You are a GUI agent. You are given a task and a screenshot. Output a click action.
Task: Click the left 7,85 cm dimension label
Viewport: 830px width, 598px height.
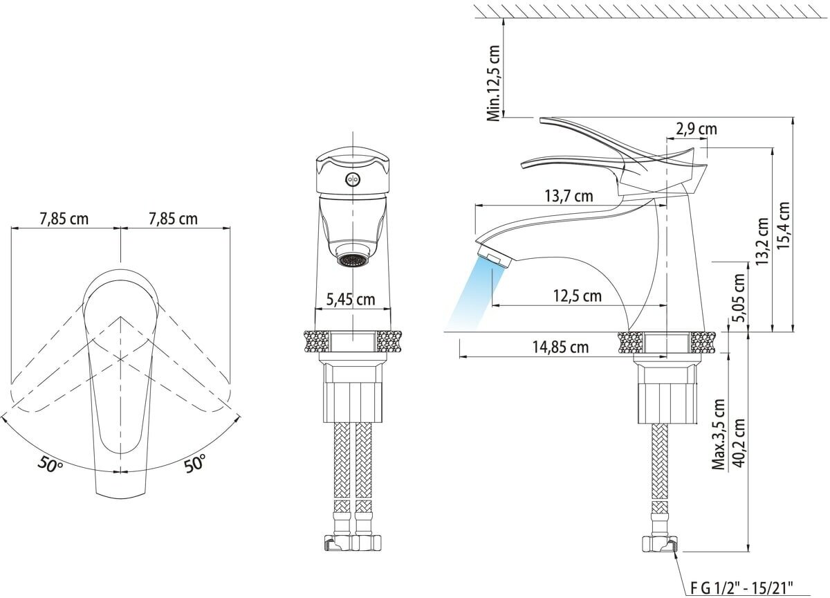(64, 219)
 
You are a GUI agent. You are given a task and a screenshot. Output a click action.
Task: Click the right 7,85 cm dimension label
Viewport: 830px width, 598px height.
(173, 219)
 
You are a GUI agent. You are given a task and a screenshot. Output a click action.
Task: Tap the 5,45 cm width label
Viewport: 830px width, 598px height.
(351, 299)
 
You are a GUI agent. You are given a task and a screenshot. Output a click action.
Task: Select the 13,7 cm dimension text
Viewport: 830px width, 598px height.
(569, 196)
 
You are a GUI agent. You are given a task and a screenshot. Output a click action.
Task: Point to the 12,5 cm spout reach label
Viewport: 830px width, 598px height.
(578, 296)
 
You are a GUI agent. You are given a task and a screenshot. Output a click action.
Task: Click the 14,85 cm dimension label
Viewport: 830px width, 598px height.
(561, 347)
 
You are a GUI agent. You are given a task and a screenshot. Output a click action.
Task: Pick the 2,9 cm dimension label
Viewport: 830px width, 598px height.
(697, 129)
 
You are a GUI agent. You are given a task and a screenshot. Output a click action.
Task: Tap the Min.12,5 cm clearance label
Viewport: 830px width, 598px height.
(494, 84)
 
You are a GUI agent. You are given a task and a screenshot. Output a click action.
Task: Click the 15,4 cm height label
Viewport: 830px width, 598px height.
(784, 226)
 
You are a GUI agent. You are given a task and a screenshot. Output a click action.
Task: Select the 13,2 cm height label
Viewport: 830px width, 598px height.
(762, 241)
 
